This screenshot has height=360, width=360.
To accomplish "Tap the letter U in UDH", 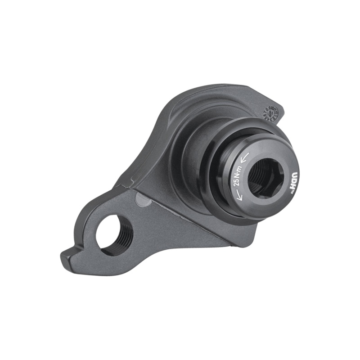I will [x=295, y=175].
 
